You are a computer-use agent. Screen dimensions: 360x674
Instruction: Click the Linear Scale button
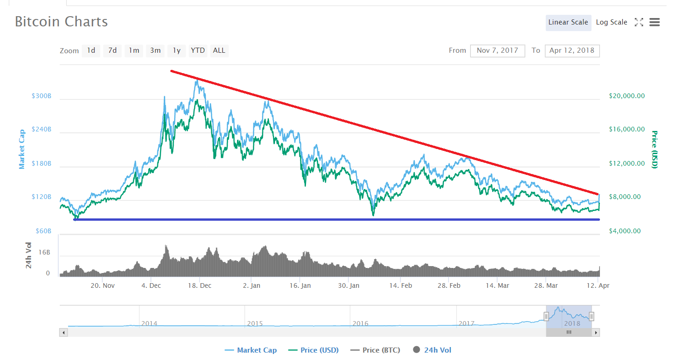click(568, 22)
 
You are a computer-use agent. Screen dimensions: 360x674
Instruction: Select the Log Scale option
click(612, 22)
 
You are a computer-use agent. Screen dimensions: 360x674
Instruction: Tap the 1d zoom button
click(91, 50)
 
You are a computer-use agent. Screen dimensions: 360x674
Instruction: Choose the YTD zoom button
click(198, 50)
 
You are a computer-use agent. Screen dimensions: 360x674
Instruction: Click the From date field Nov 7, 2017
click(497, 50)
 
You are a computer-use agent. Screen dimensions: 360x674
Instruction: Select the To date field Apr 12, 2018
click(572, 50)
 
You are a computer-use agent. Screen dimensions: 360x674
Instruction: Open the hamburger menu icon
click(655, 22)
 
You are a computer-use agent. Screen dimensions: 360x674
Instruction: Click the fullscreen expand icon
click(639, 22)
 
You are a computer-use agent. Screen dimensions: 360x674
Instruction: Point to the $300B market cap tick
click(41, 96)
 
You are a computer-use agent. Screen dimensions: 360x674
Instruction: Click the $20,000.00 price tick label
click(627, 96)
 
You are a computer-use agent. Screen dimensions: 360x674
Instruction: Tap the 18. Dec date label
click(200, 286)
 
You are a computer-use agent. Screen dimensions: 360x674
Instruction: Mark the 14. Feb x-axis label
click(400, 286)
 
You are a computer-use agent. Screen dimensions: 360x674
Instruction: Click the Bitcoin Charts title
click(61, 22)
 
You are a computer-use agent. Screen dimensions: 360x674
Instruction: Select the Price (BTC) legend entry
click(375, 350)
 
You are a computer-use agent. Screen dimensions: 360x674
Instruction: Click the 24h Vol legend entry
click(432, 350)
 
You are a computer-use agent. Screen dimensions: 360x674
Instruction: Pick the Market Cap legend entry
click(251, 350)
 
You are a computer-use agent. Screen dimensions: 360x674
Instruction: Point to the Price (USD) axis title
click(655, 149)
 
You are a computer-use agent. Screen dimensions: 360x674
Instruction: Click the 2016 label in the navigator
click(360, 323)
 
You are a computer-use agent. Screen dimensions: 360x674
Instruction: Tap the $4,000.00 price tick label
click(624, 231)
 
